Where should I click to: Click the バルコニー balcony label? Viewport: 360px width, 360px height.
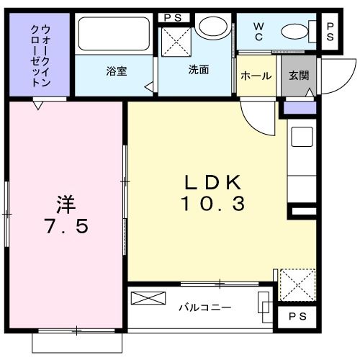pyautogui.click(x=204, y=307)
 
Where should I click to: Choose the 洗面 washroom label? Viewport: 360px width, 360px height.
pyautogui.click(x=199, y=71)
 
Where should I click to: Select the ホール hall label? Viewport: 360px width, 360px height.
pyautogui.click(x=256, y=76)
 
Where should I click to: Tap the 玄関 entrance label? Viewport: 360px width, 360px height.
pyautogui.click(x=299, y=76)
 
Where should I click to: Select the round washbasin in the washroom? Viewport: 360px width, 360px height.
pyautogui.click(x=212, y=28)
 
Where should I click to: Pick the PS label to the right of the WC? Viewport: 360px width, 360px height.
pyautogui.click(x=330, y=32)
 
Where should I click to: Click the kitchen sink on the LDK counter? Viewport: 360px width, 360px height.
pyautogui.click(x=301, y=137)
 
